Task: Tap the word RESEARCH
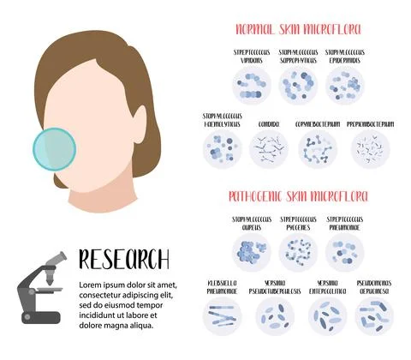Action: click(123, 259)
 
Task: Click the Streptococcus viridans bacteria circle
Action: click(251, 85)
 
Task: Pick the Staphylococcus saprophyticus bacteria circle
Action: click(298, 85)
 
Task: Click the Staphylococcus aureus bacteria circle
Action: click(251, 252)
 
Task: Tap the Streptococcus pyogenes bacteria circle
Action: click(298, 252)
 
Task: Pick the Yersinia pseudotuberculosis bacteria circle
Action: click(271, 315)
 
